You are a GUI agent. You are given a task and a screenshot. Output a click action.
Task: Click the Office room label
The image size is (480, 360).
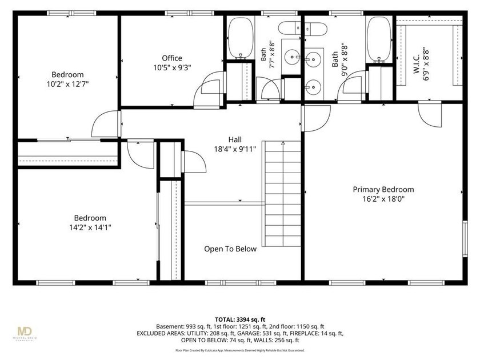(172, 58)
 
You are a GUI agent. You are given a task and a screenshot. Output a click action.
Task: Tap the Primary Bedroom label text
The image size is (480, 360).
(383, 190)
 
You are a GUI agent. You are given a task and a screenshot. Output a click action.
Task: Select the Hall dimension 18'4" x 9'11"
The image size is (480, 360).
(235, 149)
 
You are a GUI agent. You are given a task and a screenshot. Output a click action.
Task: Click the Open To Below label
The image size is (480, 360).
(230, 249)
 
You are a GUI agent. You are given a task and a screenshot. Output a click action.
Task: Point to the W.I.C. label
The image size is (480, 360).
(417, 64)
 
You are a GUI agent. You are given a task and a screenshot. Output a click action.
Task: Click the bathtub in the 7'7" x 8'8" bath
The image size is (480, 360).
(241, 37)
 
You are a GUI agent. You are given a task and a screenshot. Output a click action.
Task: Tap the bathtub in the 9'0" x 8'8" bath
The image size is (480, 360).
(379, 39)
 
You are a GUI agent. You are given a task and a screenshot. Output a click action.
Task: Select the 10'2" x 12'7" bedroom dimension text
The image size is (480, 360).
(67, 84)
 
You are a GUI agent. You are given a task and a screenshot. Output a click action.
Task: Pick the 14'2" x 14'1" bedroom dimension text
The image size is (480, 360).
(90, 227)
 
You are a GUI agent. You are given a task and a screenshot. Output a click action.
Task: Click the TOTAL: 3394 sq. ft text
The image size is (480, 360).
(240, 320)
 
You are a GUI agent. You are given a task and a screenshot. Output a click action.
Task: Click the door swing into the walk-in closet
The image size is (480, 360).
(430, 114)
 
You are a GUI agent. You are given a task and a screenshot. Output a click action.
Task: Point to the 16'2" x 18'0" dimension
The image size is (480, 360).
(383, 199)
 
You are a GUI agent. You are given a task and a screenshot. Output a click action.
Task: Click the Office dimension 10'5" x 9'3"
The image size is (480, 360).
(172, 67)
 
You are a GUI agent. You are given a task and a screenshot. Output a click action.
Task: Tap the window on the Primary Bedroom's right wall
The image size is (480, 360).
(465, 239)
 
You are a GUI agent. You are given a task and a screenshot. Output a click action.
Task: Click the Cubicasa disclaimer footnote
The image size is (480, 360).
(240, 350)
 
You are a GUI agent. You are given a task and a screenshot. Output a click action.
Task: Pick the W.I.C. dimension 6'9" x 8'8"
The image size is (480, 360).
(426, 63)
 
